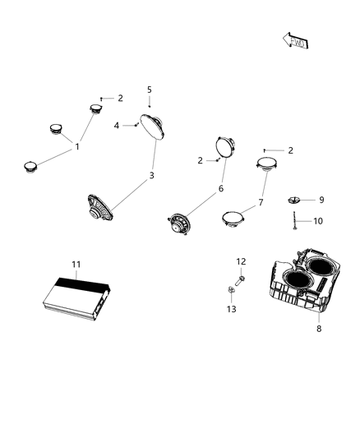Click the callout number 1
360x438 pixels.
77,147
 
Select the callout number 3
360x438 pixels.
150,175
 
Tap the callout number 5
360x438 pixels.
150,89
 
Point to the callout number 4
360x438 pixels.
117,125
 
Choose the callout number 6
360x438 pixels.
219,188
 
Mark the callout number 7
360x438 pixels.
261,201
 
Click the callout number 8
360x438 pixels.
319,329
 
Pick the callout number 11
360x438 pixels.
76,264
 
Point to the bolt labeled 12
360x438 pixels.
238,279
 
